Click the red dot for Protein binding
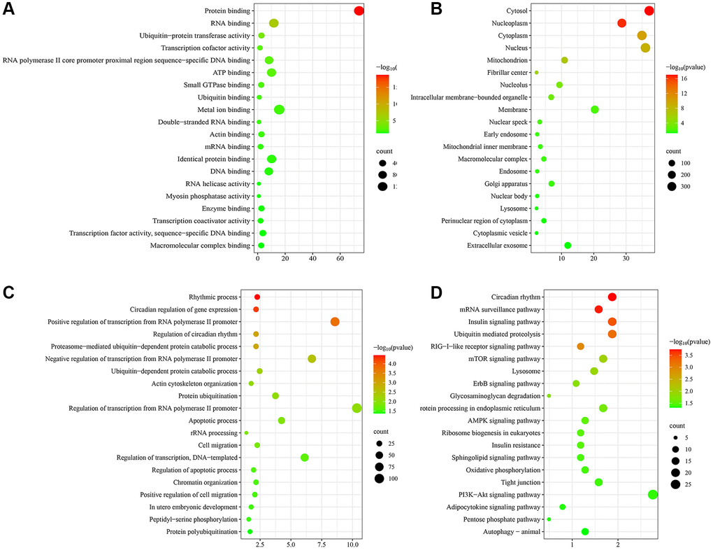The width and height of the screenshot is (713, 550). (359, 10)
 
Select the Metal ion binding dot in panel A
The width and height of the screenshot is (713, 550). (279, 109)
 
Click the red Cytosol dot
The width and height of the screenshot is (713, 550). (649, 10)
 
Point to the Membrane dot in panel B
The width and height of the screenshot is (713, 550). (595, 109)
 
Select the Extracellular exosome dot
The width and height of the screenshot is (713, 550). (568, 245)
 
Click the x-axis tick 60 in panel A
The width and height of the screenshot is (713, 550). (340, 259)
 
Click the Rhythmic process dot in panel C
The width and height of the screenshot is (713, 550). (257, 297)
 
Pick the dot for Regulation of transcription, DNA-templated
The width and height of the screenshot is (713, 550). (304, 458)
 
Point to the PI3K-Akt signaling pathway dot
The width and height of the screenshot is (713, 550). (653, 495)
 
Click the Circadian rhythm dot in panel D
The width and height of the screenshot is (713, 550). (612, 297)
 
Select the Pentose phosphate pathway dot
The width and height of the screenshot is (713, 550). (549, 519)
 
